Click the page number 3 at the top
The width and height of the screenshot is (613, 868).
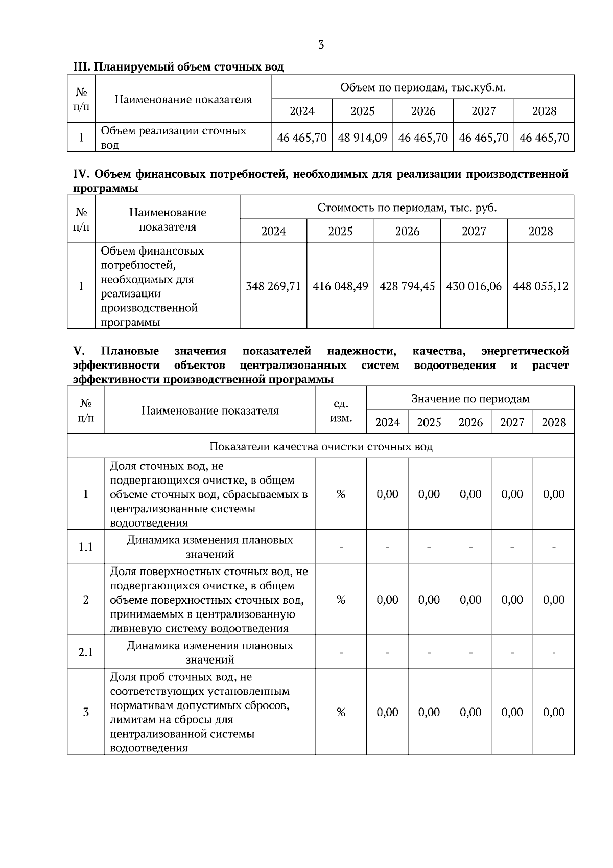[321, 45]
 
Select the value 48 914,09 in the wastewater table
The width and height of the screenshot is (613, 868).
[362, 138]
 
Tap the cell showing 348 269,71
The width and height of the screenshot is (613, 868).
[273, 286]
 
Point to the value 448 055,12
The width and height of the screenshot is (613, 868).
[540, 286]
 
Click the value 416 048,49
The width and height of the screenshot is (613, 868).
[340, 286]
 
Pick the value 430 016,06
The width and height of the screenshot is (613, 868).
[474, 286]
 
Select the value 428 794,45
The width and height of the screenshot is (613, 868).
[407, 286]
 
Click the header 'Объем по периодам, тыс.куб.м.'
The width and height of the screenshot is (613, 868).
[422, 87]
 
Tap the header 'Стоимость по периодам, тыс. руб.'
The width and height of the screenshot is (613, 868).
[407, 208]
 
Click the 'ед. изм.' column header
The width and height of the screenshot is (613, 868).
[341, 411]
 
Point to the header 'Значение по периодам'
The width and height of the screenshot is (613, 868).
[470, 399]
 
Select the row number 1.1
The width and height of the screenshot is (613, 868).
[85, 547]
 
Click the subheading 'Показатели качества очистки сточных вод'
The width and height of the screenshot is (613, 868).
[321, 447]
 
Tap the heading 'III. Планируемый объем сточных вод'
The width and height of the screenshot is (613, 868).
[178, 67]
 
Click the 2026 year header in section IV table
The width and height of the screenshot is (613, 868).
[407, 232]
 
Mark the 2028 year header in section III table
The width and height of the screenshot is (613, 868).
[544, 111]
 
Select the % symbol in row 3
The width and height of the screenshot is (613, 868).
[341, 712]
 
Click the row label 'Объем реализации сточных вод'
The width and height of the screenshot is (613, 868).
[173, 138]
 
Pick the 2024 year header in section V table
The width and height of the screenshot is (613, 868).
[387, 423]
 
